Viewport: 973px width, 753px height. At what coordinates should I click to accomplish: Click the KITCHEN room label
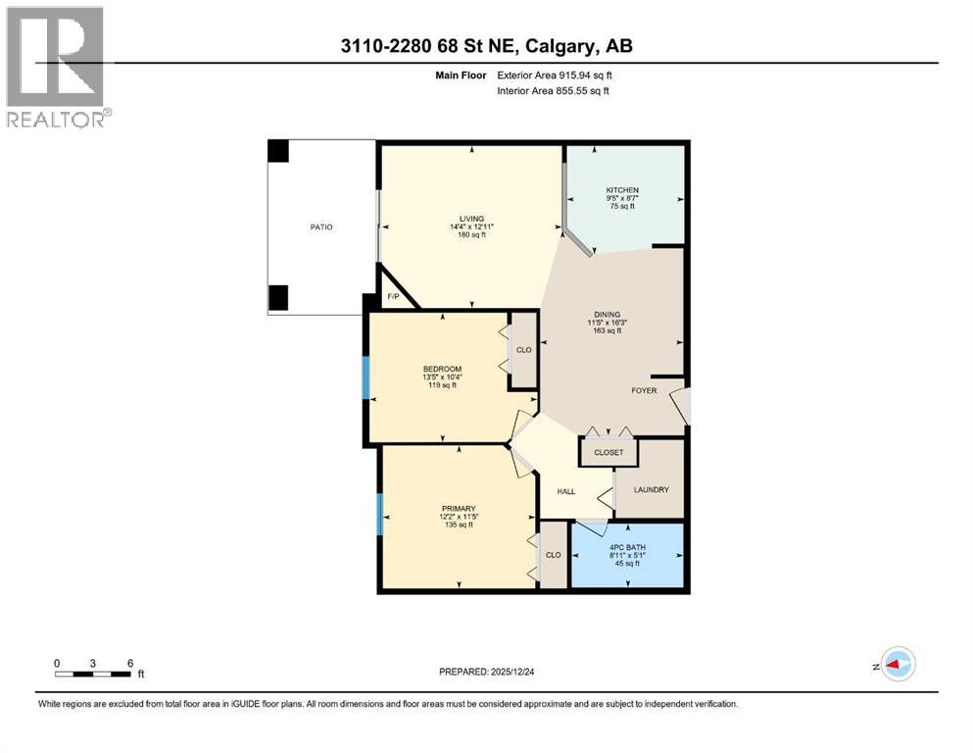point(622,190)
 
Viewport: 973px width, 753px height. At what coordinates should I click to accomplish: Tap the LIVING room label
point(472,219)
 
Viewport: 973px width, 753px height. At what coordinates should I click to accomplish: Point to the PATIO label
point(320,227)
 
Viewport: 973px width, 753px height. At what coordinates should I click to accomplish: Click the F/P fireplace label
point(393,296)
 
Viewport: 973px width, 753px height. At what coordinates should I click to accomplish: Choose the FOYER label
point(645,389)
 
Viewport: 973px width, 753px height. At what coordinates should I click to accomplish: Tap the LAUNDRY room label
point(651,489)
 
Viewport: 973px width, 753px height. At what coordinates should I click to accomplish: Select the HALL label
point(565,491)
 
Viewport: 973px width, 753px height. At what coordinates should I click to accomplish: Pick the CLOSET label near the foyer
point(608,453)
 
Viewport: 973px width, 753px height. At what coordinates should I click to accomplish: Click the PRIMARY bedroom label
point(458,508)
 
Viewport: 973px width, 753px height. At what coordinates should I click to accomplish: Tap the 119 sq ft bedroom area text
point(443,385)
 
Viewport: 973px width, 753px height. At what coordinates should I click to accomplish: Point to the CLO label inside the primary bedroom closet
point(553,554)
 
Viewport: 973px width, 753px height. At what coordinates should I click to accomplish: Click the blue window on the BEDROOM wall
point(366,377)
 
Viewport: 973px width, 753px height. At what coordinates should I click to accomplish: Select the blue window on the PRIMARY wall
point(379,514)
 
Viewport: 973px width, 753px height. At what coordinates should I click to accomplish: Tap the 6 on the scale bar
point(130,663)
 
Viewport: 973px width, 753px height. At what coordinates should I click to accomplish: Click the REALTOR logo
point(56,66)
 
